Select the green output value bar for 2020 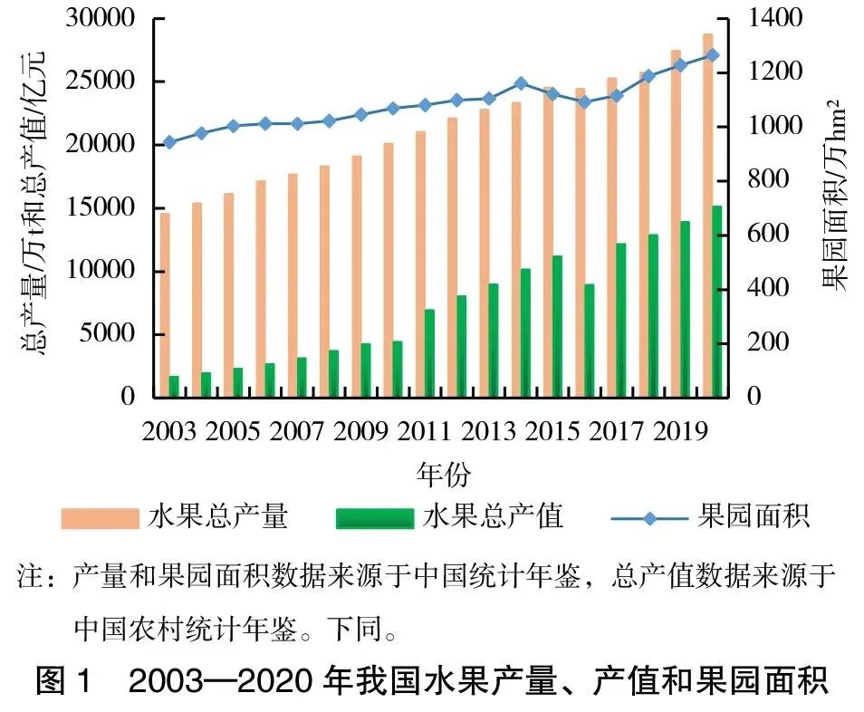pyautogui.click(x=716, y=302)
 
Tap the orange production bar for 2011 pyautogui.click(x=420, y=264)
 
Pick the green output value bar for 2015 pyautogui.click(x=557, y=326)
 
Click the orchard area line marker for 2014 pyautogui.click(x=520, y=83)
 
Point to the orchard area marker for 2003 pyautogui.click(x=169, y=142)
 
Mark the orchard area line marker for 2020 pyautogui.click(x=712, y=55)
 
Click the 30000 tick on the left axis pyautogui.click(x=102, y=18)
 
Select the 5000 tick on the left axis pyautogui.click(x=110, y=334)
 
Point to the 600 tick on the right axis pyautogui.click(x=763, y=235)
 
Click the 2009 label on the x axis pyautogui.click(x=360, y=431)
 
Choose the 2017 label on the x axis pyautogui.click(x=616, y=431)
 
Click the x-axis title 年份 pyautogui.click(x=442, y=473)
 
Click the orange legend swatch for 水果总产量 pyautogui.click(x=100, y=517)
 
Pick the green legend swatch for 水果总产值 pyautogui.click(x=374, y=517)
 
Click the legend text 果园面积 pyautogui.click(x=754, y=516)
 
